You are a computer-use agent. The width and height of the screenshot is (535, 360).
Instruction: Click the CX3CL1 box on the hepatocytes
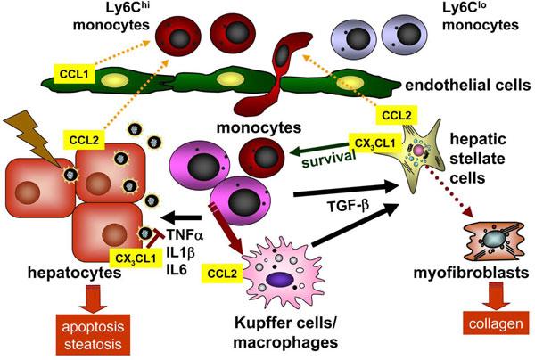click(134, 258)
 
